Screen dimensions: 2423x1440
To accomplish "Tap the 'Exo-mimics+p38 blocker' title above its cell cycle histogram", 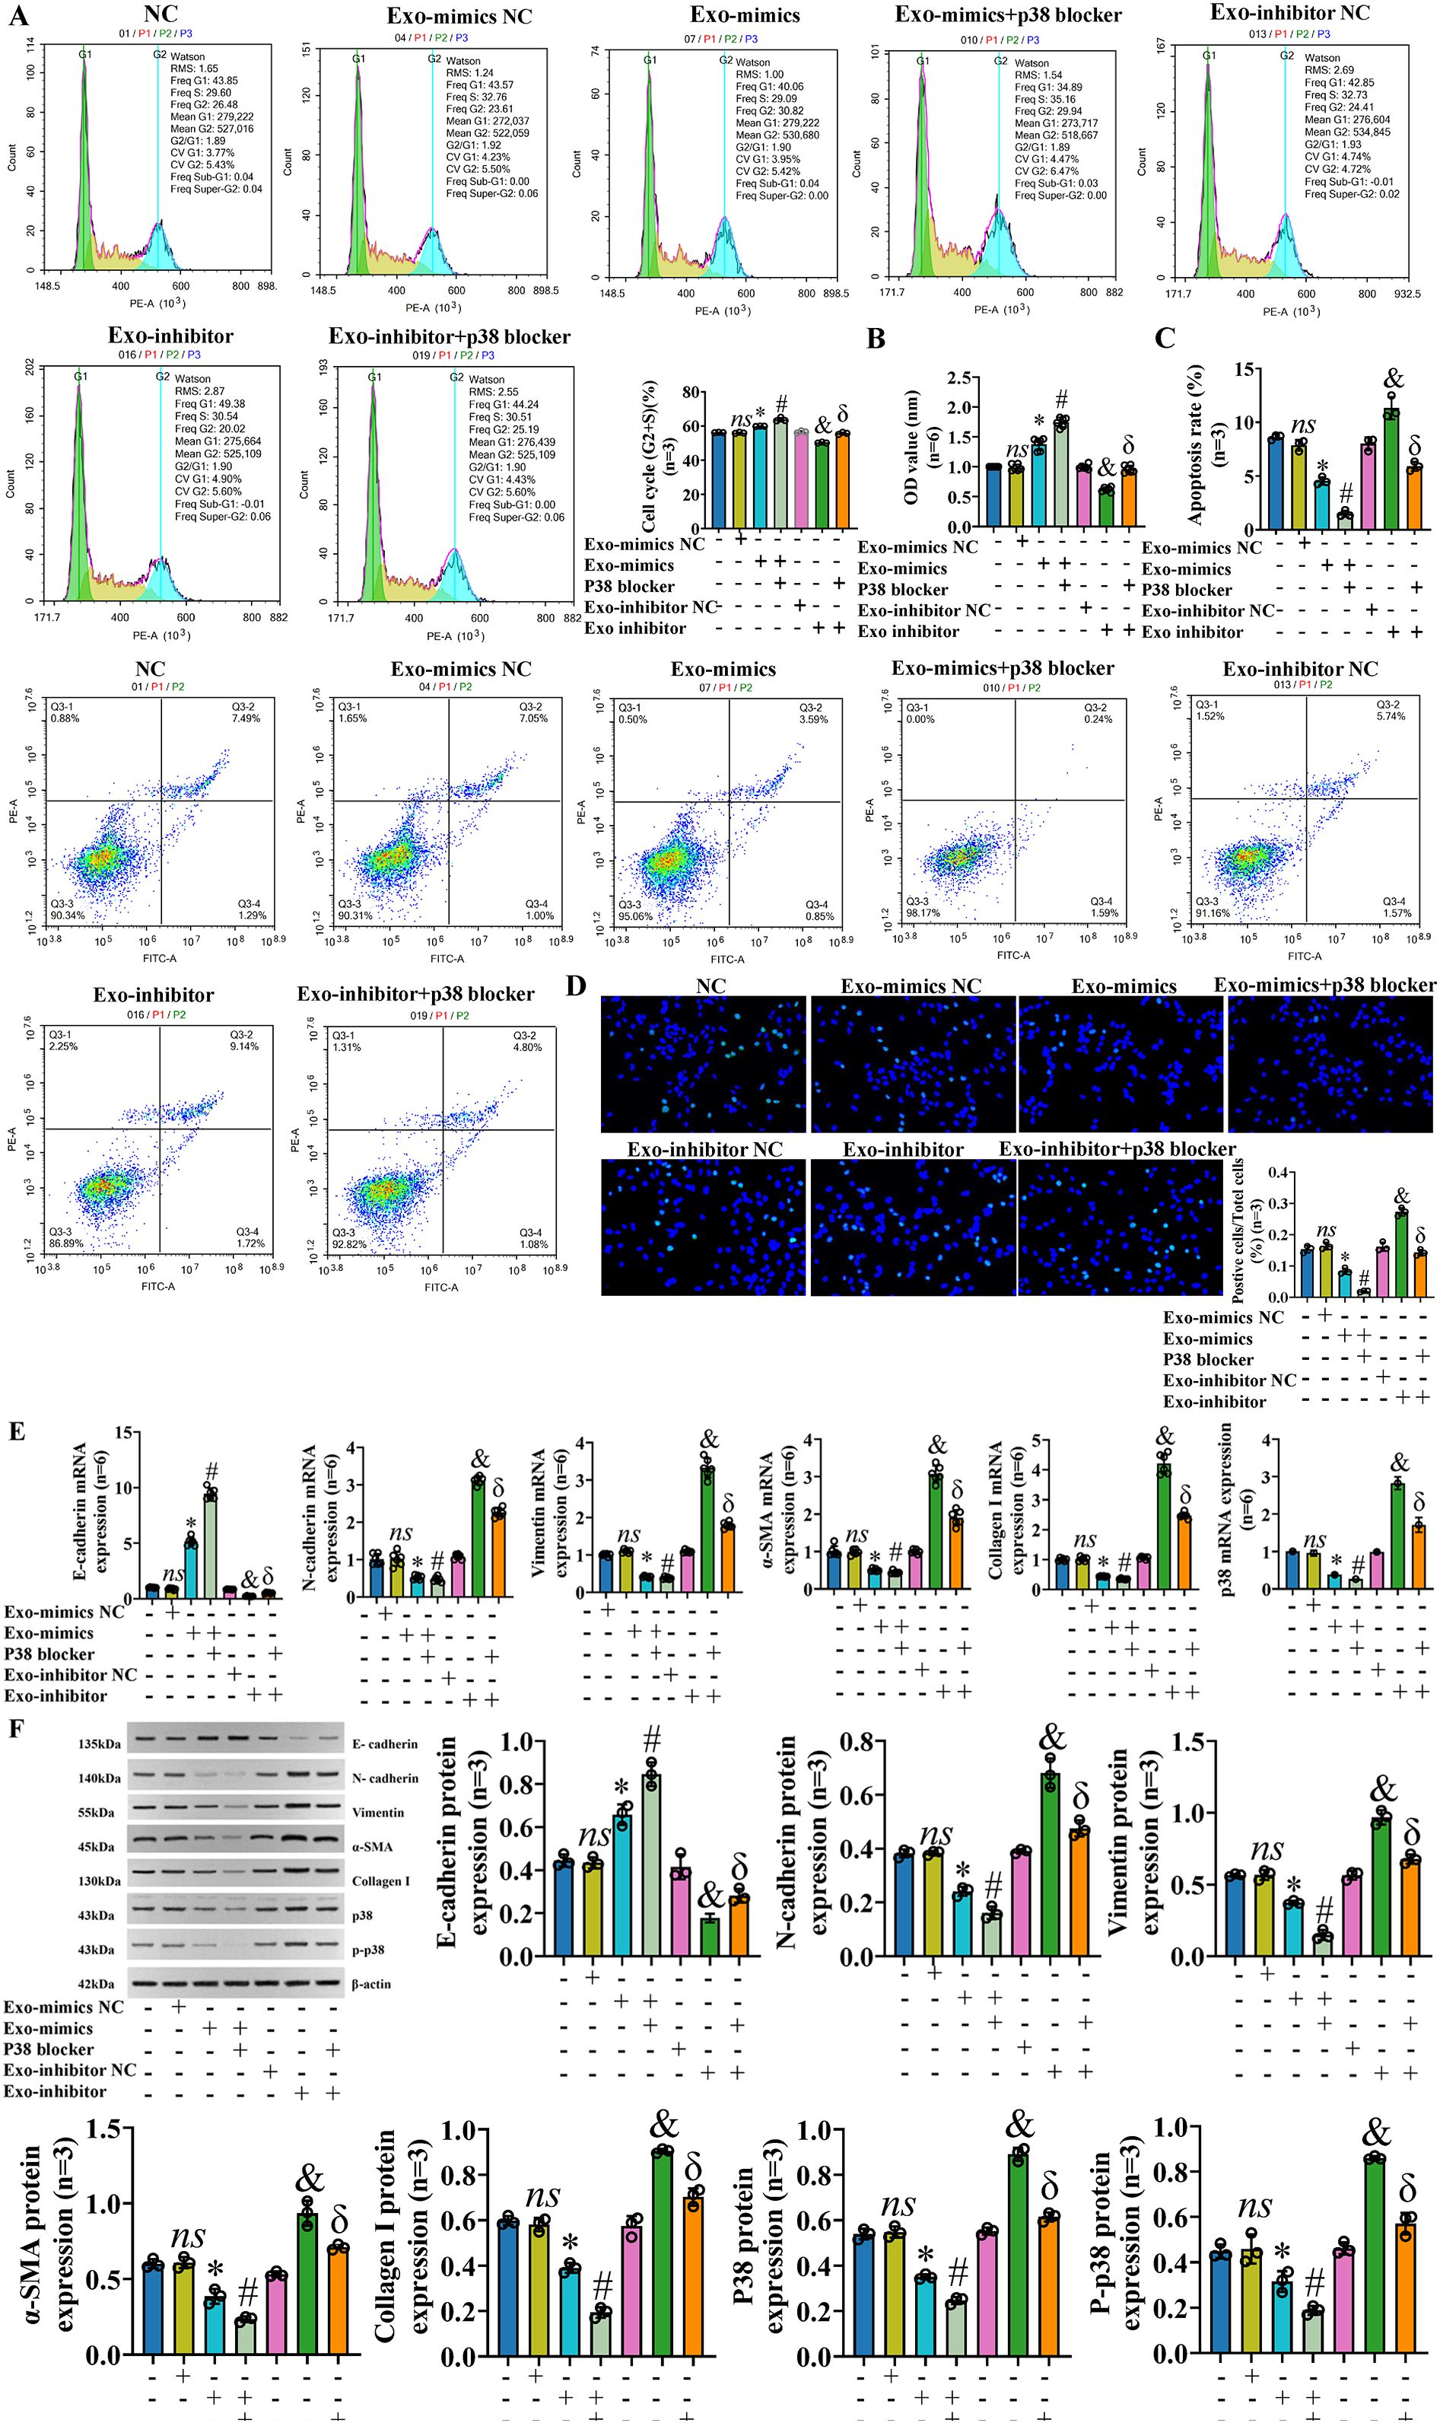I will [x=1008, y=14].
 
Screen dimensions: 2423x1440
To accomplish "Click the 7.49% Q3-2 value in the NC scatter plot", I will [x=246, y=718].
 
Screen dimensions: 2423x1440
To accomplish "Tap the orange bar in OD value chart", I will [x=1127, y=498].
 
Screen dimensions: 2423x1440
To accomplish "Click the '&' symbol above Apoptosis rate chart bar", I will [x=1394, y=379].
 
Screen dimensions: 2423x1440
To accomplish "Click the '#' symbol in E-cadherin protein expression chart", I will [x=651, y=1737].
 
